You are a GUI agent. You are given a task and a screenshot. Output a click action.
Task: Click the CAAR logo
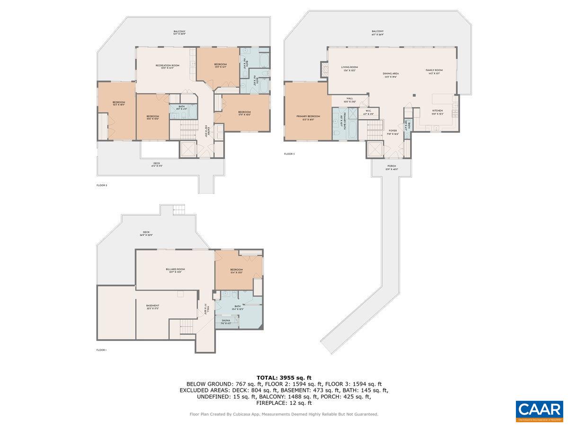point(539,411)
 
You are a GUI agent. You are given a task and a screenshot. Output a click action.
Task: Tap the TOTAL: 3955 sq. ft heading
point(284,377)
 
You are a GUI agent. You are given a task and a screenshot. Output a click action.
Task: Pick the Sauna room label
point(226,322)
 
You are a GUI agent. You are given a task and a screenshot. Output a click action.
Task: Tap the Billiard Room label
point(175,270)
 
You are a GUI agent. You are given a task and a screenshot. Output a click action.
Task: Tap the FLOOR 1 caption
point(101,350)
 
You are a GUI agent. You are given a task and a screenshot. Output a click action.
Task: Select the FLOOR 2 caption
point(102,185)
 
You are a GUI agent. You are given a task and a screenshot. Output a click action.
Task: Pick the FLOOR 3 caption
point(289,154)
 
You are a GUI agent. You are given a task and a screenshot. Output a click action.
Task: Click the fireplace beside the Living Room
point(324,70)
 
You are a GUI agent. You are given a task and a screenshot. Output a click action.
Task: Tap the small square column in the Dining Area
point(414,95)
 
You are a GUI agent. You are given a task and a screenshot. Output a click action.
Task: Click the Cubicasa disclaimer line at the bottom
point(284,414)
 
